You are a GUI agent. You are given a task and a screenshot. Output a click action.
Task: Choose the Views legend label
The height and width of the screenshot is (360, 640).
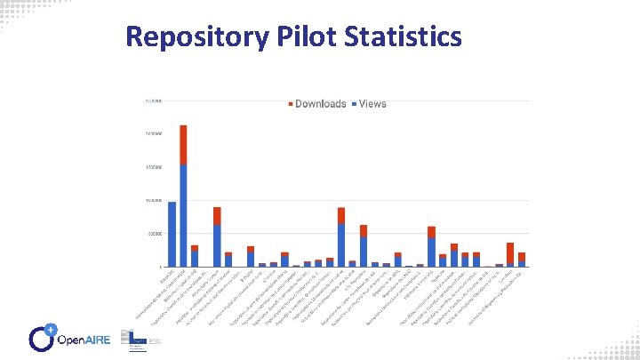372,104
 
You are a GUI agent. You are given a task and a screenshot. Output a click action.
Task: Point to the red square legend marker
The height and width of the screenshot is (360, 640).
290,104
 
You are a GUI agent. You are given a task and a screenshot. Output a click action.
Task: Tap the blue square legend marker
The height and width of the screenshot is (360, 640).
353,104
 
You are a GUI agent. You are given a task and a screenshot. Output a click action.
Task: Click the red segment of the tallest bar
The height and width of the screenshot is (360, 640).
183,144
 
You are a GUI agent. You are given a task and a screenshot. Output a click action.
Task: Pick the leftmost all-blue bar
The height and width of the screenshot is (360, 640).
172,234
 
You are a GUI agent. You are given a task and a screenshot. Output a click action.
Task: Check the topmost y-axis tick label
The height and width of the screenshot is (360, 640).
154,100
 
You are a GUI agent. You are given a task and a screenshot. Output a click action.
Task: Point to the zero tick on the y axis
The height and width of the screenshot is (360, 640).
160,267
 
